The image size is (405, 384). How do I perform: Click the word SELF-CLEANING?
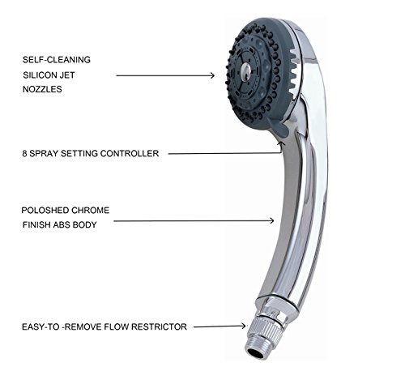[57, 60]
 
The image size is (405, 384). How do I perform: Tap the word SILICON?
[40, 75]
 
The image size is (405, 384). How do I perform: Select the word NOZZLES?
[42, 89]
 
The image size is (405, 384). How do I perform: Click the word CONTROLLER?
[130, 153]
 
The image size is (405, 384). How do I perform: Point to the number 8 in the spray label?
[24, 153]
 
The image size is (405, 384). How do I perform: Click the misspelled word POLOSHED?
[45, 210]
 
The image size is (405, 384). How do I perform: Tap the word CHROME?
[91, 210]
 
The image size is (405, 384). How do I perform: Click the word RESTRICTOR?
[159, 326]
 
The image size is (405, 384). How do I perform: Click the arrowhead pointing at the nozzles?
[212, 75]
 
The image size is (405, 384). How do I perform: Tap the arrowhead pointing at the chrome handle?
[271, 220]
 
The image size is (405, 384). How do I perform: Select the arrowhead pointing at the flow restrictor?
[243, 326]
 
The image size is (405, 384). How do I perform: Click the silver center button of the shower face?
[246, 70]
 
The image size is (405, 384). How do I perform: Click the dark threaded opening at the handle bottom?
[256, 353]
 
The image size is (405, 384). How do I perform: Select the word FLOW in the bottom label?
[116, 326]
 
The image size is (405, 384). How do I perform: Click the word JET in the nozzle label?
[67, 75]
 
